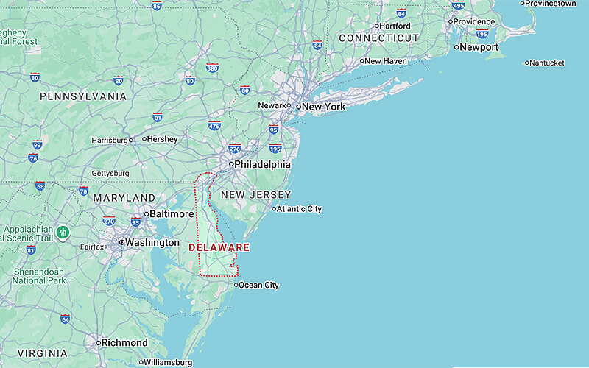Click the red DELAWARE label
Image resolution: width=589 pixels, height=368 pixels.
point(219,247)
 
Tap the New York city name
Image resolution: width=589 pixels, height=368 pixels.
point(324,107)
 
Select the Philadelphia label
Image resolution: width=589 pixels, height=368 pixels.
point(262,164)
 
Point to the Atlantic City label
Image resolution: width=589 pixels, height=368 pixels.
point(299,209)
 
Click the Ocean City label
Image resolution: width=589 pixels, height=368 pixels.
point(258,285)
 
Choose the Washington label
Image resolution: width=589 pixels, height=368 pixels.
point(152,242)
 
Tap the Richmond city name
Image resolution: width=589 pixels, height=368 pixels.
point(125,342)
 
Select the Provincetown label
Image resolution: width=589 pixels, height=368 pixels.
point(551,4)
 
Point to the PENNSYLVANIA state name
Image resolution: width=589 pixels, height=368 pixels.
point(83,96)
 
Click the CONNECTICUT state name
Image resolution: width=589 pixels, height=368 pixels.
point(378,38)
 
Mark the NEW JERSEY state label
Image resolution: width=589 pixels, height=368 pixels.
point(256,195)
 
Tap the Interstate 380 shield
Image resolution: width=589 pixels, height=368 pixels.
point(212,68)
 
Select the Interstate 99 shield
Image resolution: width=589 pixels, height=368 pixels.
point(37,145)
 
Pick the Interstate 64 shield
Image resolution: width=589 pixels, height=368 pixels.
point(65,319)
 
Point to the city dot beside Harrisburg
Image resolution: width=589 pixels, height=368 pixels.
point(132,140)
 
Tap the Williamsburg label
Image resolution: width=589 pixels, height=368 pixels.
point(168,362)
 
